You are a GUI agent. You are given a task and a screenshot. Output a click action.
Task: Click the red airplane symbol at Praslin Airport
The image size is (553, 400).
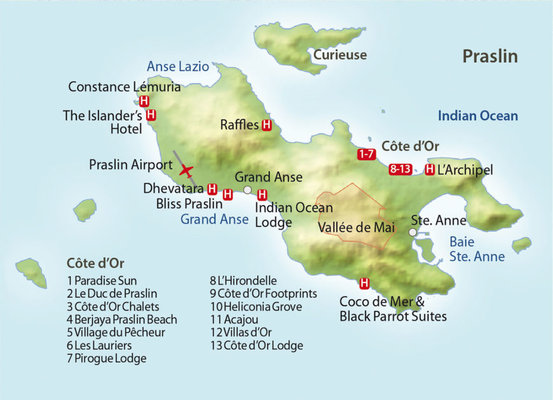pyautogui.click(x=186, y=170)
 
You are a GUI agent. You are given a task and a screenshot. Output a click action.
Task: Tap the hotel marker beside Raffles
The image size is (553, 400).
pyautogui.click(x=267, y=125)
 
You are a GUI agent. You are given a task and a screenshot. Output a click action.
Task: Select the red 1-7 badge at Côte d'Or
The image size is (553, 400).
pyautogui.click(x=366, y=154)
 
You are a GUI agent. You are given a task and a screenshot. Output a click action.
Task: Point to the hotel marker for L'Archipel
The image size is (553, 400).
pyautogui.click(x=430, y=170)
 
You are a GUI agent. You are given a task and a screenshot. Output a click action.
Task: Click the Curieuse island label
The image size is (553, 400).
pyautogui.click(x=339, y=55)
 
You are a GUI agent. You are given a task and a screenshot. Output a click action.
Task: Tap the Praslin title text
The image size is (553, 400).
pyautogui.click(x=489, y=57)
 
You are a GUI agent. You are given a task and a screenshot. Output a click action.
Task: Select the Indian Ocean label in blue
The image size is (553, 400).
pyautogui.click(x=477, y=116)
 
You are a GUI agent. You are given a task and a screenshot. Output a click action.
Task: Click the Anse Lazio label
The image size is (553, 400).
pyautogui.click(x=177, y=66)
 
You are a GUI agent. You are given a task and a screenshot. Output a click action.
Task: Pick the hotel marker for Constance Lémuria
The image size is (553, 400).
pyautogui.click(x=144, y=101)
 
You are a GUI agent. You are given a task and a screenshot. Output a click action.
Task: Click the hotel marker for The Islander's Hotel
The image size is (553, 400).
pyautogui.click(x=151, y=115)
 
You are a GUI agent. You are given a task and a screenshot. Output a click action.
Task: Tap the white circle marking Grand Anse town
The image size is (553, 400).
pyautogui.click(x=247, y=190)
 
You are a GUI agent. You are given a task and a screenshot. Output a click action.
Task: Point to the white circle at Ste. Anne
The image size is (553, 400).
pyautogui.click(x=413, y=232)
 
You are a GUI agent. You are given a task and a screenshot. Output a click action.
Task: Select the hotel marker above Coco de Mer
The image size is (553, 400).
pyautogui.click(x=364, y=283)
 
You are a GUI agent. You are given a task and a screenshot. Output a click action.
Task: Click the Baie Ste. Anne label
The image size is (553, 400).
pyautogui.click(x=477, y=249)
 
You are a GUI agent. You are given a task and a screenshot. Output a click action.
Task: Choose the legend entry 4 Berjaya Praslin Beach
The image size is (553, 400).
pyautogui.click(x=121, y=319)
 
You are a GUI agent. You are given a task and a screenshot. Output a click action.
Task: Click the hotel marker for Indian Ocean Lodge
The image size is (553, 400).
pyautogui.click(x=262, y=195)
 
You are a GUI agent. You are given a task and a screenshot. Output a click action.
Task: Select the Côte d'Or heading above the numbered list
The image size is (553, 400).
pyautogui.click(x=95, y=263)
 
